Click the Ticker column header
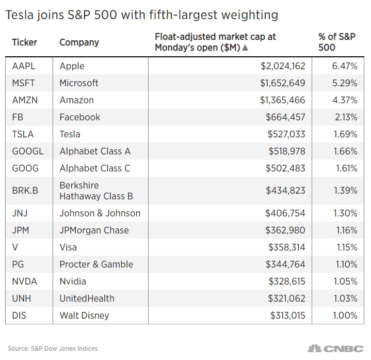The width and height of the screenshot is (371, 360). [25, 42]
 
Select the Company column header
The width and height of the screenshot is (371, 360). [79, 43]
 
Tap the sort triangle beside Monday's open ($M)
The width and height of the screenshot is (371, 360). [246, 48]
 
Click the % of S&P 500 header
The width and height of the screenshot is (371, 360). [337, 42]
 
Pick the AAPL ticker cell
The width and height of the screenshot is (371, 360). [24, 66]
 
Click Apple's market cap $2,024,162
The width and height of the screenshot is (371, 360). [283, 66]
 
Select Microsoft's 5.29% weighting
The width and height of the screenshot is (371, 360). [345, 83]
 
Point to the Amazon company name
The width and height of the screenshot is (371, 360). [77, 100]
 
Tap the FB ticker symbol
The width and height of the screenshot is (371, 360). [18, 117]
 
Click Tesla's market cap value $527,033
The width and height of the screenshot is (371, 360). [286, 134]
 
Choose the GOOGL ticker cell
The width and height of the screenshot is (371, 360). [28, 151]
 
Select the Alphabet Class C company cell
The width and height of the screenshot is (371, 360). [95, 168]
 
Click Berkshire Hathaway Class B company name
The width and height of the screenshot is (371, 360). [96, 191]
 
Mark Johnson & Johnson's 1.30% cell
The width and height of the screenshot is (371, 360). [345, 213]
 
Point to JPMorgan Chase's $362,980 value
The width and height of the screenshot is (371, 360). [285, 230]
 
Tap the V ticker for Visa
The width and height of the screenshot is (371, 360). [15, 247]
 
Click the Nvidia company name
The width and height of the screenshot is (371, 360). [73, 281]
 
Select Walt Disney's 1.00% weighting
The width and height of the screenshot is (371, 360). [345, 316]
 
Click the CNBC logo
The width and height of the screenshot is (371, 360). [336, 349]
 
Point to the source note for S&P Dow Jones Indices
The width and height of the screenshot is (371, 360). [53, 349]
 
